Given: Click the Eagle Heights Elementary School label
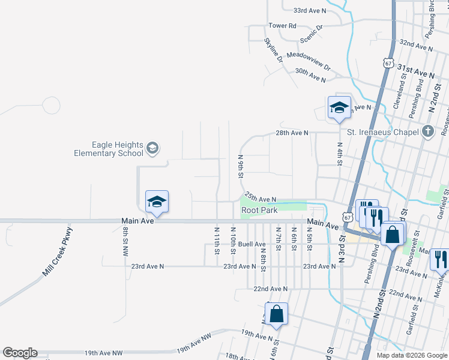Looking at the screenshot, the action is pyautogui.click(x=109, y=149).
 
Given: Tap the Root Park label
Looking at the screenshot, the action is pyautogui.click(x=259, y=211).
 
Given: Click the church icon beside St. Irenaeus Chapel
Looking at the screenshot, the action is pyautogui.click(x=427, y=131).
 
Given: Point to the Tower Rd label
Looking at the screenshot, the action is pyautogui.click(x=282, y=26).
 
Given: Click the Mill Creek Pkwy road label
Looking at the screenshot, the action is pyautogui.click(x=58, y=251).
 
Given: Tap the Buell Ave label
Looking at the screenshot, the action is pyautogui.click(x=252, y=244).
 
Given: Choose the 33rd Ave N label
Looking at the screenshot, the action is pyautogui.click(x=310, y=11).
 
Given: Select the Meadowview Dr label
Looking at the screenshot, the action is pyautogui.click(x=309, y=59).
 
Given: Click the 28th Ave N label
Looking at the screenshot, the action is pyautogui.click(x=292, y=133).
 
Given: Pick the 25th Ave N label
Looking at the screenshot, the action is pyautogui.click(x=260, y=199).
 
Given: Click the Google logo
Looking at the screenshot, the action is pyautogui.click(x=20, y=353).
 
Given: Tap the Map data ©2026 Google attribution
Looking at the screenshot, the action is pyautogui.click(x=412, y=355).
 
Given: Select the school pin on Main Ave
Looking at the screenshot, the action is pyautogui.click(x=157, y=202).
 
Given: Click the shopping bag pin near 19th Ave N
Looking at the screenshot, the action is pyautogui.click(x=276, y=314).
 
